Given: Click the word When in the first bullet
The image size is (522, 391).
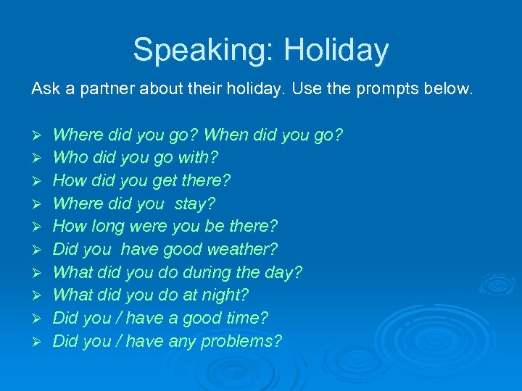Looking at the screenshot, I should click(x=227, y=135).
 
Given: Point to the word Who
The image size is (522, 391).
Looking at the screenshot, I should click(x=70, y=157).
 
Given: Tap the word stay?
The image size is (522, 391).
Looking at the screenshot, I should click(x=194, y=203).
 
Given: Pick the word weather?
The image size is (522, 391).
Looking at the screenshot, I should click(x=242, y=249).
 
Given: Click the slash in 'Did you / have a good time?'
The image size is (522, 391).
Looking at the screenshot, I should click(x=118, y=318).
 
